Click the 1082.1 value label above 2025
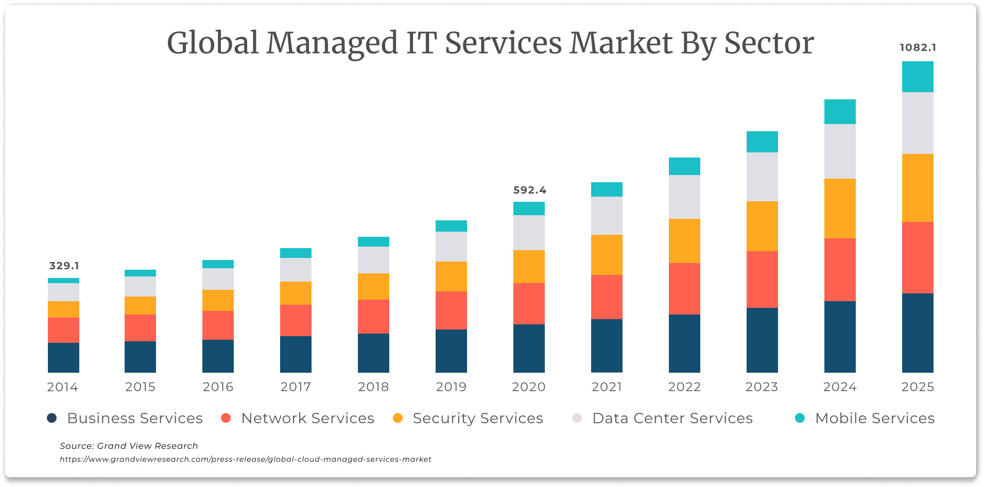tap(918, 47)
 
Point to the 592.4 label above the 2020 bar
tap(529, 190)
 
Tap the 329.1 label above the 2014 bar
tap(64, 266)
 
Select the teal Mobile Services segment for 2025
tap(918, 77)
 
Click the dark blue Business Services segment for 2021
tap(607, 345)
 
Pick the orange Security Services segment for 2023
tap(762, 226)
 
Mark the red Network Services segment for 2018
tap(373, 316)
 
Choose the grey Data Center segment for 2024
tap(840, 151)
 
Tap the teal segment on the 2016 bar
tap(218, 264)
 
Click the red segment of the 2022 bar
tap(684, 288)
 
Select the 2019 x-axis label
tap(451, 387)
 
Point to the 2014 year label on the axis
tap(62, 387)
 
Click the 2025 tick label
tap(918, 387)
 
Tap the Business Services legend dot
tap(51, 418)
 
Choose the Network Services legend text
tap(307, 418)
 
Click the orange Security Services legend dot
tap(398, 418)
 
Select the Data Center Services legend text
tap(672, 418)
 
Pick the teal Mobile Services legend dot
tap(800, 418)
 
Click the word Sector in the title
tap(769, 43)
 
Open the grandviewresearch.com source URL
tap(245, 459)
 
